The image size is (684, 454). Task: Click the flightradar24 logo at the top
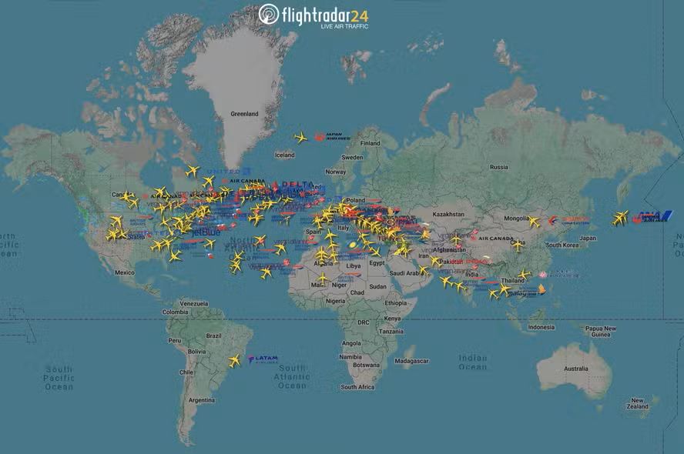pyautogui.click(x=313, y=15)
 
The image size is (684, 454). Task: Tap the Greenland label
pyautogui.click(x=244, y=114)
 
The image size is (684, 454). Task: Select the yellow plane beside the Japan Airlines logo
pyautogui.click(x=300, y=138)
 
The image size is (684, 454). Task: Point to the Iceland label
pyautogui.click(x=284, y=155)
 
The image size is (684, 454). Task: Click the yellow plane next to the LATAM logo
pyautogui.click(x=234, y=360)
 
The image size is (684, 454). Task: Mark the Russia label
pyautogui.click(x=499, y=167)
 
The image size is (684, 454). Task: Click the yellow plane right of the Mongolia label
pyautogui.click(x=533, y=222)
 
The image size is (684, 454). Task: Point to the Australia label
pyautogui.click(x=575, y=369)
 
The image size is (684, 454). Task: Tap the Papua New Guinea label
pyautogui.click(x=600, y=331)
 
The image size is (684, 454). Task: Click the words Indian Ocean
pyautogui.click(x=472, y=362)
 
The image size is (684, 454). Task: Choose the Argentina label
pyautogui.click(x=202, y=400)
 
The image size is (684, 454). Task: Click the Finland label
pyautogui.click(x=370, y=143)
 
